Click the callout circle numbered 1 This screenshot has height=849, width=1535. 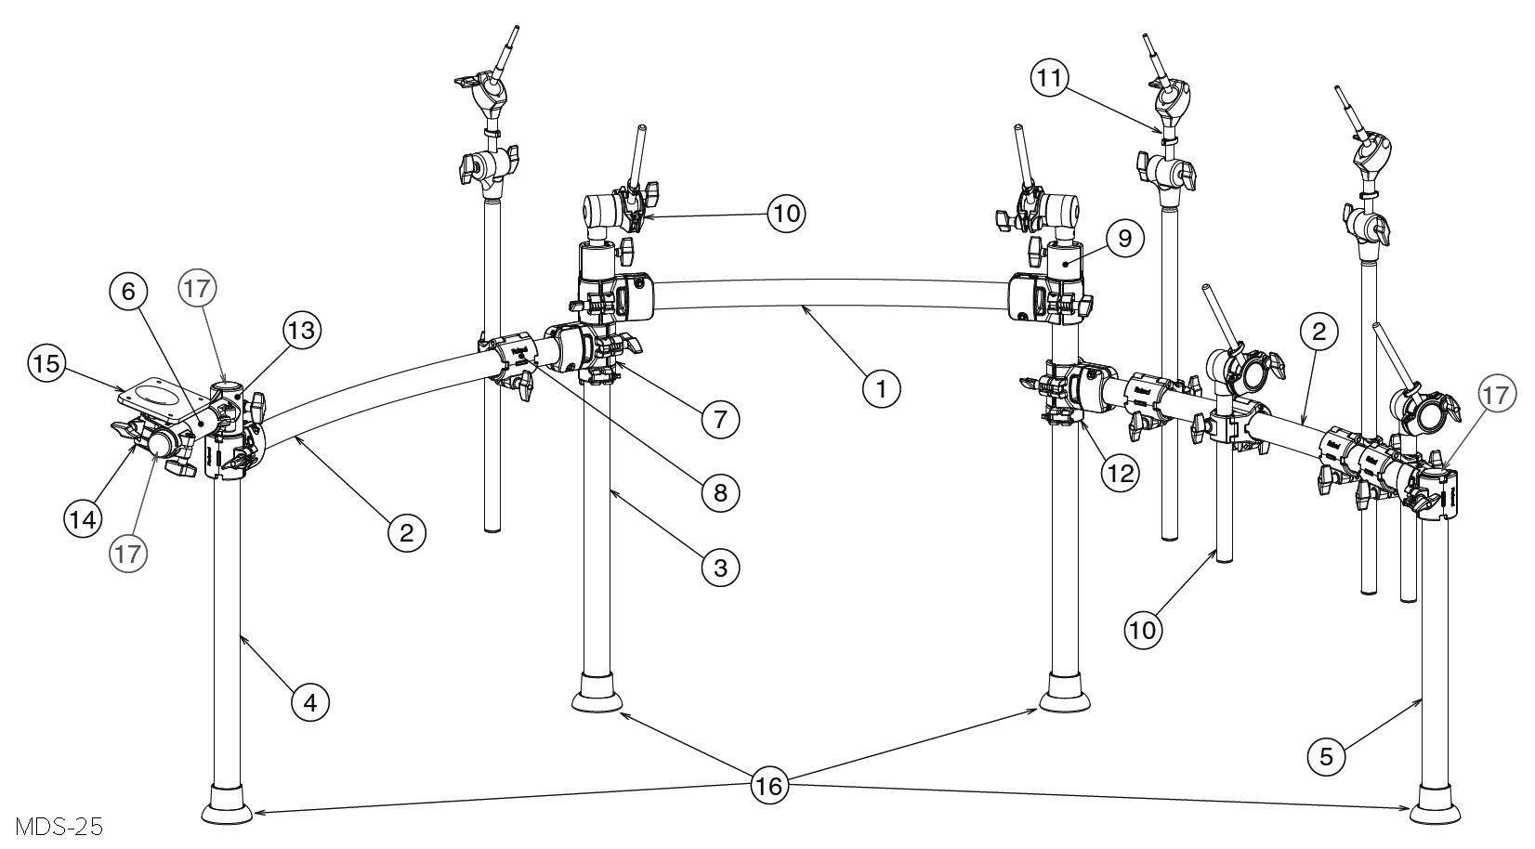click(x=881, y=388)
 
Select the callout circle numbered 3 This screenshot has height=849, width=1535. click(x=720, y=568)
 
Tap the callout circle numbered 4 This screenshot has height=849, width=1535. click(x=310, y=702)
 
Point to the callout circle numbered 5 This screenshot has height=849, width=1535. click(x=1327, y=756)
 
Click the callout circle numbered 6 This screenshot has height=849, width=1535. click(x=129, y=292)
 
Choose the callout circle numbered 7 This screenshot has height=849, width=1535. click(x=720, y=419)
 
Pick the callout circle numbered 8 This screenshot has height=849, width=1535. click(x=720, y=492)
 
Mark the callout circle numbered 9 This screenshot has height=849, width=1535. click(x=1124, y=238)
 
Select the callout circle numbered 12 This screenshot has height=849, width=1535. click(x=1121, y=473)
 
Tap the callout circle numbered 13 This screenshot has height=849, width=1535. click(x=302, y=331)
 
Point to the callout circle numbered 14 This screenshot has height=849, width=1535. click(x=83, y=518)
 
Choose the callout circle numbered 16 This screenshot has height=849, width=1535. click(x=768, y=786)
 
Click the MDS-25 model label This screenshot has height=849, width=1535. click(x=59, y=827)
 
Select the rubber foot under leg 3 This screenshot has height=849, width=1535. click(x=597, y=694)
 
